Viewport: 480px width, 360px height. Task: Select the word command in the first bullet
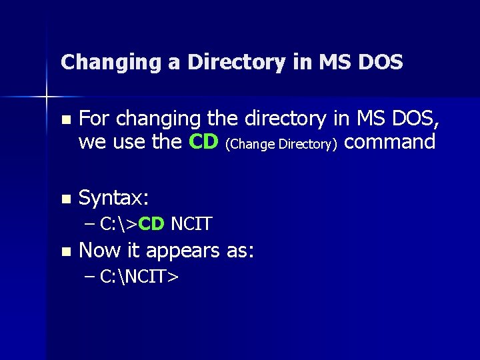pyautogui.click(x=392, y=142)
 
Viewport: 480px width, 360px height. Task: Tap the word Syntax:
pyautogui.click(x=114, y=198)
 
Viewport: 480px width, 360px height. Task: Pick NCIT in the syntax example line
pyautogui.click(x=191, y=224)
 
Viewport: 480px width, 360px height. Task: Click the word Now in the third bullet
pyautogui.click(x=97, y=251)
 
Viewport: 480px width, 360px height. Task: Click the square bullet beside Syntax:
pyautogui.click(x=65, y=199)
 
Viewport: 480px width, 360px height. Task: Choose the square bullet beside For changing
pyautogui.click(x=65, y=120)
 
